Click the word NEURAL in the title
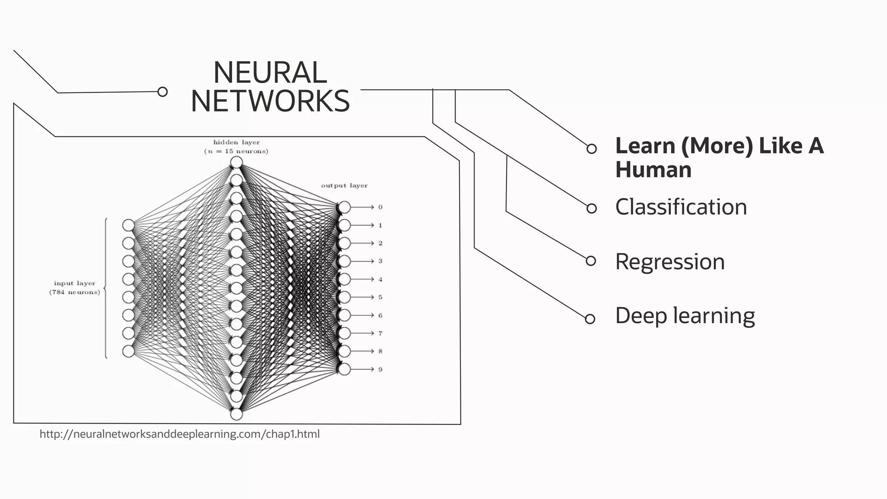270,73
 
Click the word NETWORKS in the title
270,101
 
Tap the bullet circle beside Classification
591,208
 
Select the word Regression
670,262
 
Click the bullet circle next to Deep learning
590,319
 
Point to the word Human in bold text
653,169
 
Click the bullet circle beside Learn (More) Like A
591,149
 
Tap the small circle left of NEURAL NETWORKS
162,92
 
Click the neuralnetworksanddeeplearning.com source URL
179,434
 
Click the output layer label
344,185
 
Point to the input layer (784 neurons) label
74,288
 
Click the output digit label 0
380,207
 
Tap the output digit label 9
380,369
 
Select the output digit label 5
380,297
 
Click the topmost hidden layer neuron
236,162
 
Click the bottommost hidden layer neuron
236,415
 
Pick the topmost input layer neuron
128,225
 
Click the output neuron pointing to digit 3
344,261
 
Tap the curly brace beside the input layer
105,288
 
